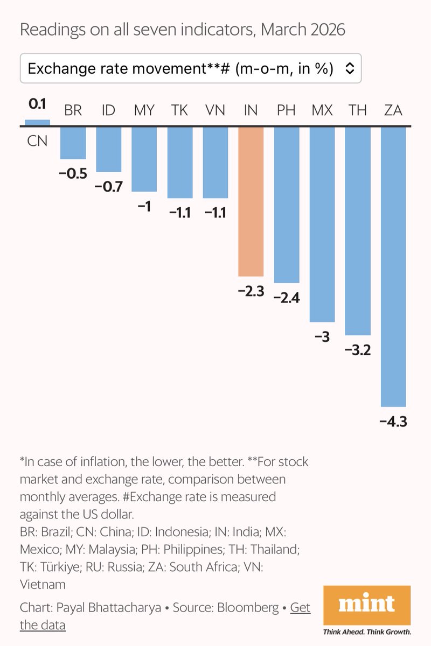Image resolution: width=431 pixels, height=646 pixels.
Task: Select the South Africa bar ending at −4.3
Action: click(393, 266)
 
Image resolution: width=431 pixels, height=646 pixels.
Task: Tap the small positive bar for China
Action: click(37, 123)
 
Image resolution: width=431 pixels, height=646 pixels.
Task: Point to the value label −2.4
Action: click(287, 298)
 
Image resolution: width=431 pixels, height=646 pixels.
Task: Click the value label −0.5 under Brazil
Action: click(73, 174)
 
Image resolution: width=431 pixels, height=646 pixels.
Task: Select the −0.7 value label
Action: click(109, 187)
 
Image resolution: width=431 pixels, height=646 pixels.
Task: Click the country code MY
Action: click(144, 111)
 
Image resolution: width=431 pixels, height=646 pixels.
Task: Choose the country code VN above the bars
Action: click(215, 111)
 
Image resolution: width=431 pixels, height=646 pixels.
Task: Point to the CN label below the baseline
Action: click(37, 141)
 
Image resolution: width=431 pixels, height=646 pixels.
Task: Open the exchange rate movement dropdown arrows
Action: click(349, 68)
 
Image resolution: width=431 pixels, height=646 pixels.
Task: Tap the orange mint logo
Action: click(366, 605)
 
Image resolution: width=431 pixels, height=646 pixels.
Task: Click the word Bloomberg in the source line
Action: click(248, 608)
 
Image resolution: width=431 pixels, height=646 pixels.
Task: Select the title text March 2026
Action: click(303, 30)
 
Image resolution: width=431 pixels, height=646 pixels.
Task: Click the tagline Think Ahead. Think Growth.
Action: click(366, 631)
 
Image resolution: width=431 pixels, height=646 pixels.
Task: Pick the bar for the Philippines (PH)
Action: click(286, 205)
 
